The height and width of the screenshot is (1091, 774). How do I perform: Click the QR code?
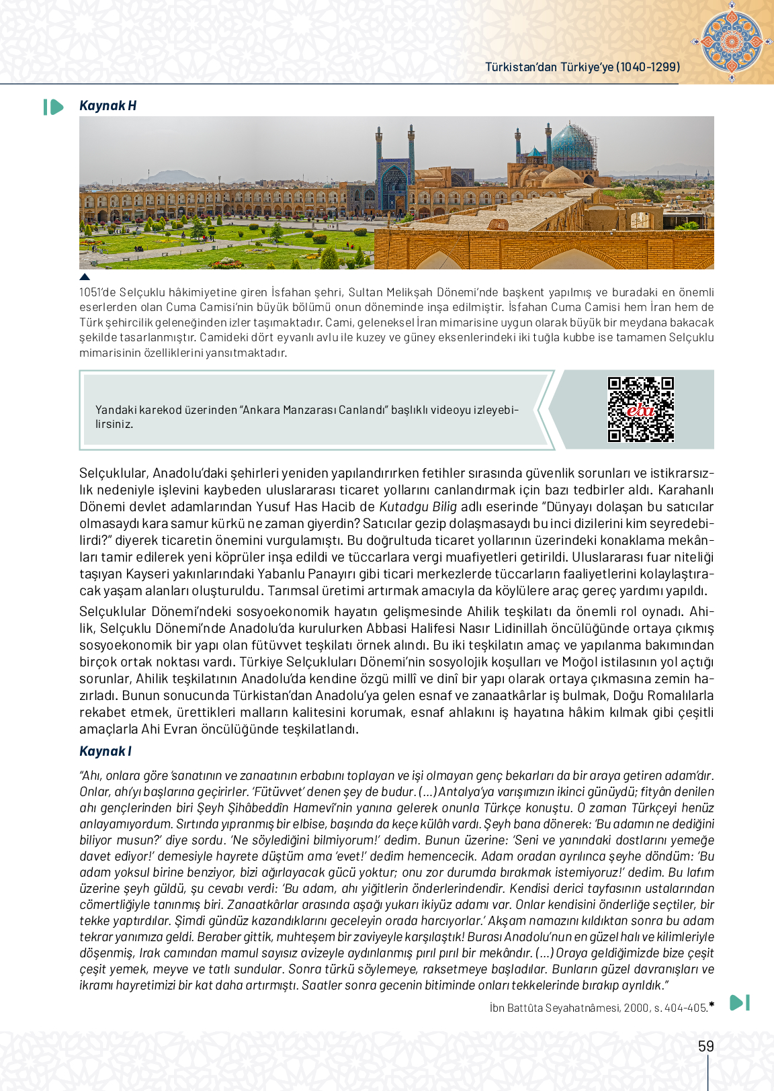pyautogui.click(x=640, y=409)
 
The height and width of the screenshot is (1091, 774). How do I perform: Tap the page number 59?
pyautogui.click(x=705, y=1046)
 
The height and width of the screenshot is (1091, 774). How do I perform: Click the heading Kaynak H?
pyautogui.click(x=107, y=105)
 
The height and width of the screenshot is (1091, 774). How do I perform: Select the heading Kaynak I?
pyautogui.click(x=105, y=751)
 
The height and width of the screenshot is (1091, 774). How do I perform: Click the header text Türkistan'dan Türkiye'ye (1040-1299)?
pyautogui.click(x=583, y=67)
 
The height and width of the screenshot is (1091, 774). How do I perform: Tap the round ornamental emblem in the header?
pyautogui.click(x=731, y=41)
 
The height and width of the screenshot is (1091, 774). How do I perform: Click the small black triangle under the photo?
pyautogui.click(x=85, y=276)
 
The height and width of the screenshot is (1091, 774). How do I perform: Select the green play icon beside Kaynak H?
pyautogui.click(x=53, y=107)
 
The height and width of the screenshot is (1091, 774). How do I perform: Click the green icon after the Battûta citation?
pyautogui.click(x=739, y=1002)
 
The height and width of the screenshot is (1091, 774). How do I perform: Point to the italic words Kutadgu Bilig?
pyautogui.click(x=418, y=507)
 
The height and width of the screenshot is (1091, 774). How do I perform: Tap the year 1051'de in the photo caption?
pyautogui.click(x=97, y=292)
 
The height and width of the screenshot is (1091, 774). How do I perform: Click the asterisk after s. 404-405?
pyautogui.click(x=712, y=1005)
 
